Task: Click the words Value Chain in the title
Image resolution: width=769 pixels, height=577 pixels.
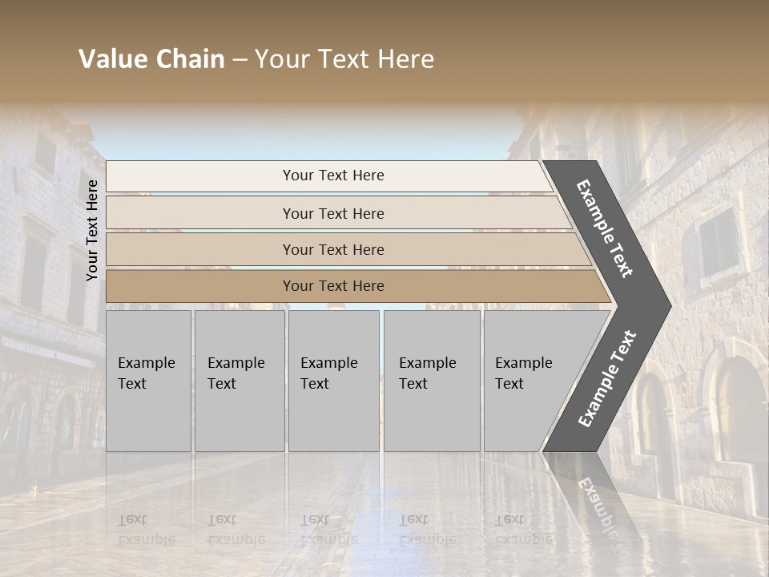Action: click(151, 59)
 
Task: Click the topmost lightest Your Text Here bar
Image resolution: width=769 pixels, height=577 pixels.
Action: click(333, 176)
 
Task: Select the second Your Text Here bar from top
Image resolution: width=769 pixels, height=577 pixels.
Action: click(333, 213)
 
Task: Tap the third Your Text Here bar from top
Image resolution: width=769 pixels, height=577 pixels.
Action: click(333, 249)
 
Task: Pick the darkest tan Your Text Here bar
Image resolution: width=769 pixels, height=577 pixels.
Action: click(333, 286)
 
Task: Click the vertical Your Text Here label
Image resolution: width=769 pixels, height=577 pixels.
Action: click(92, 230)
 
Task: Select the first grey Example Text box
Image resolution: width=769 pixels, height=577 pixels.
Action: click(148, 381)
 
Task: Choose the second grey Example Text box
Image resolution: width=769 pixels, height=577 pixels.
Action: click(239, 381)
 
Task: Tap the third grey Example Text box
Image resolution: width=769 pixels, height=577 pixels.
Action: click(333, 381)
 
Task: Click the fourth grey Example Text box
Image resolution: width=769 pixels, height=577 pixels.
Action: click(432, 381)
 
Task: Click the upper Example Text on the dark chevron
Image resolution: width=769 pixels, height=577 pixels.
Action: click(605, 228)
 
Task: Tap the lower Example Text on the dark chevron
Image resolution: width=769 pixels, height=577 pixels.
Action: click(606, 378)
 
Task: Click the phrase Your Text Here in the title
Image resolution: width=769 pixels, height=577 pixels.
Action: click(344, 59)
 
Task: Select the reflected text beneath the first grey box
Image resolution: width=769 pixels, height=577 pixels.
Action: click(147, 530)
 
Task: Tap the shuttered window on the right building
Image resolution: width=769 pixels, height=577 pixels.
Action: click(718, 240)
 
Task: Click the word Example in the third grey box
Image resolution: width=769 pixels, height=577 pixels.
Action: click(328, 363)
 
